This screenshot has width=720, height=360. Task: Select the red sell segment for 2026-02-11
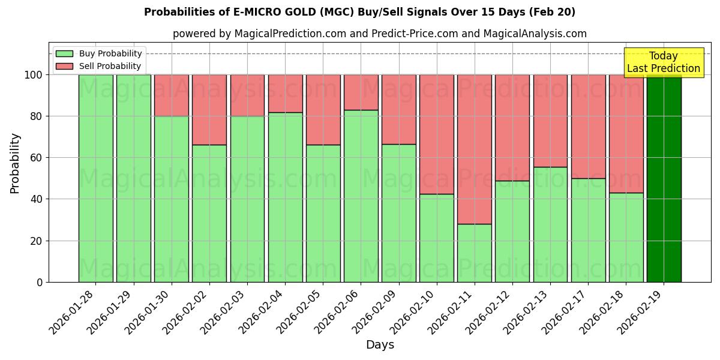[475, 149]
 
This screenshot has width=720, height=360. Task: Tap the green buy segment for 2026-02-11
[475, 253]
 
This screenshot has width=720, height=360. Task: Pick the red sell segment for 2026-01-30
[172, 95]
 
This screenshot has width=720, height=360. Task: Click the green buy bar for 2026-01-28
[95, 178]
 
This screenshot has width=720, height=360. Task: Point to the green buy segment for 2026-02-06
[361, 196]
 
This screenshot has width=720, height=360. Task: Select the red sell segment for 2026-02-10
[437, 134]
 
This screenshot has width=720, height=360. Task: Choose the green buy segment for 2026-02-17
[588, 230]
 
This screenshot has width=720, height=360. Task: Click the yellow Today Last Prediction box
[663, 62]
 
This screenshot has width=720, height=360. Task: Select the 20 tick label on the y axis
[37, 241]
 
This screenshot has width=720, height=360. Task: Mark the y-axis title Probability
[15, 163]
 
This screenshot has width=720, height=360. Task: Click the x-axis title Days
[380, 345]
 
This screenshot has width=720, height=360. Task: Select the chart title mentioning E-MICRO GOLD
[359, 12]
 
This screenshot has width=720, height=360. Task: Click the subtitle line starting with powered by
[379, 34]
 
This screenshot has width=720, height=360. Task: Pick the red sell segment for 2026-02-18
[626, 133]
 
